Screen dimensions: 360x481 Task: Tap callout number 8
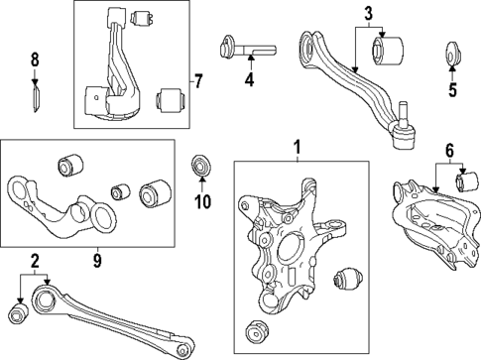click(35, 60)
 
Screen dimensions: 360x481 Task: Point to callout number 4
click(250, 78)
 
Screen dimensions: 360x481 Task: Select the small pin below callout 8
click(35, 97)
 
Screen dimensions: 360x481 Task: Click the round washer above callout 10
click(201, 163)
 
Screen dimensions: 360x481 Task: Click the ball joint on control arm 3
click(404, 135)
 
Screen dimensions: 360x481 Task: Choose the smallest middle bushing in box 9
click(120, 189)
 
